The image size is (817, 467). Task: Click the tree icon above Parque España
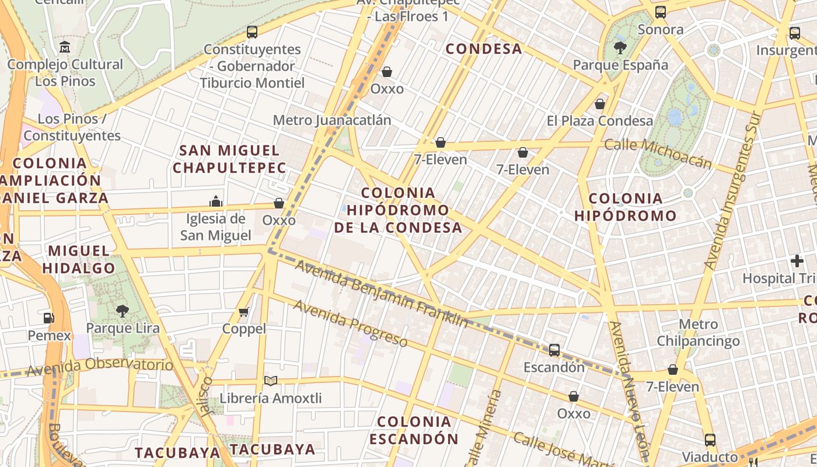[x=620, y=47]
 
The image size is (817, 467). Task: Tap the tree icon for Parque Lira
[x=123, y=311]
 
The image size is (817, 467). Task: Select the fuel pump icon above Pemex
[x=49, y=318]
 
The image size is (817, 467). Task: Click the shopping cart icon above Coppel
[x=244, y=312]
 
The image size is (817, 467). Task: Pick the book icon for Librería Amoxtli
[x=270, y=381]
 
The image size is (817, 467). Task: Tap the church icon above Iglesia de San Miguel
[x=216, y=201]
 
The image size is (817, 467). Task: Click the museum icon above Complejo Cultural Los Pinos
[x=65, y=47]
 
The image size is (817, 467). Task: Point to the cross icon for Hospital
[x=797, y=261]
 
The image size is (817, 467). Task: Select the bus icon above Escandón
[x=554, y=350]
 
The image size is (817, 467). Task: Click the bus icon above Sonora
[x=661, y=12]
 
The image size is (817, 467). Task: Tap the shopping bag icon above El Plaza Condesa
[x=599, y=104]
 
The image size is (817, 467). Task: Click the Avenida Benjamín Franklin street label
[x=382, y=294]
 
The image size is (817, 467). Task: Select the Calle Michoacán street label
[x=658, y=153]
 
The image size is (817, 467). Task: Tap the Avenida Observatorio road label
[x=100, y=367]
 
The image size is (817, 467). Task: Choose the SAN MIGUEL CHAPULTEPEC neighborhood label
[x=229, y=159]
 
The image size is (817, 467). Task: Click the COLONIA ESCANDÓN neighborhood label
[x=414, y=430]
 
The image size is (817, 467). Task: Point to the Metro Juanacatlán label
[x=331, y=120]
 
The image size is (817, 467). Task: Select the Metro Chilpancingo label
[x=698, y=332]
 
